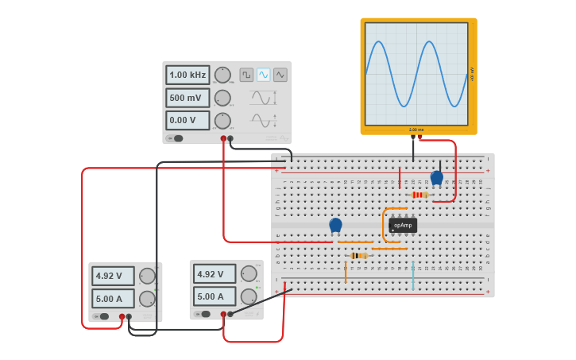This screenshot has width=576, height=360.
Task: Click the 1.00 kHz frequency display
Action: (x=187, y=75)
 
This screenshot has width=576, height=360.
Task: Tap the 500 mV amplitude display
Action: (x=187, y=98)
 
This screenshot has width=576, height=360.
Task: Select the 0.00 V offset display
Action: (x=187, y=120)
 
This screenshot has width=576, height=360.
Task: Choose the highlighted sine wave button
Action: (x=263, y=75)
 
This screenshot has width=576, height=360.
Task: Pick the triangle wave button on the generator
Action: (x=280, y=75)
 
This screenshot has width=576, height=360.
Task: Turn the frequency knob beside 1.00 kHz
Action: (x=222, y=75)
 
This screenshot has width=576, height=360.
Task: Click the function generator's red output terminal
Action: (x=223, y=139)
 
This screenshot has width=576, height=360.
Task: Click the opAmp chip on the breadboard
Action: (x=403, y=225)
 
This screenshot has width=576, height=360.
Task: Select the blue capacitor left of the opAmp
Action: (x=335, y=226)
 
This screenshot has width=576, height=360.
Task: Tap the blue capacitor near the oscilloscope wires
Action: (x=436, y=177)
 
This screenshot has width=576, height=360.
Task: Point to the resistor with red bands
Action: (x=419, y=195)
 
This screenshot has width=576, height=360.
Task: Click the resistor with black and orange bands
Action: (x=359, y=256)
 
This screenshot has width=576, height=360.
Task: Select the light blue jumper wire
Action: (x=413, y=274)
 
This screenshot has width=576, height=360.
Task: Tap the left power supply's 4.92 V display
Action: (x=113, y=277)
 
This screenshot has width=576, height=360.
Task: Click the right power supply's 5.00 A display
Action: (x=215, y=297)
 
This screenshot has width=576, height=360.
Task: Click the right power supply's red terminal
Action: (x=223, y=314)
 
